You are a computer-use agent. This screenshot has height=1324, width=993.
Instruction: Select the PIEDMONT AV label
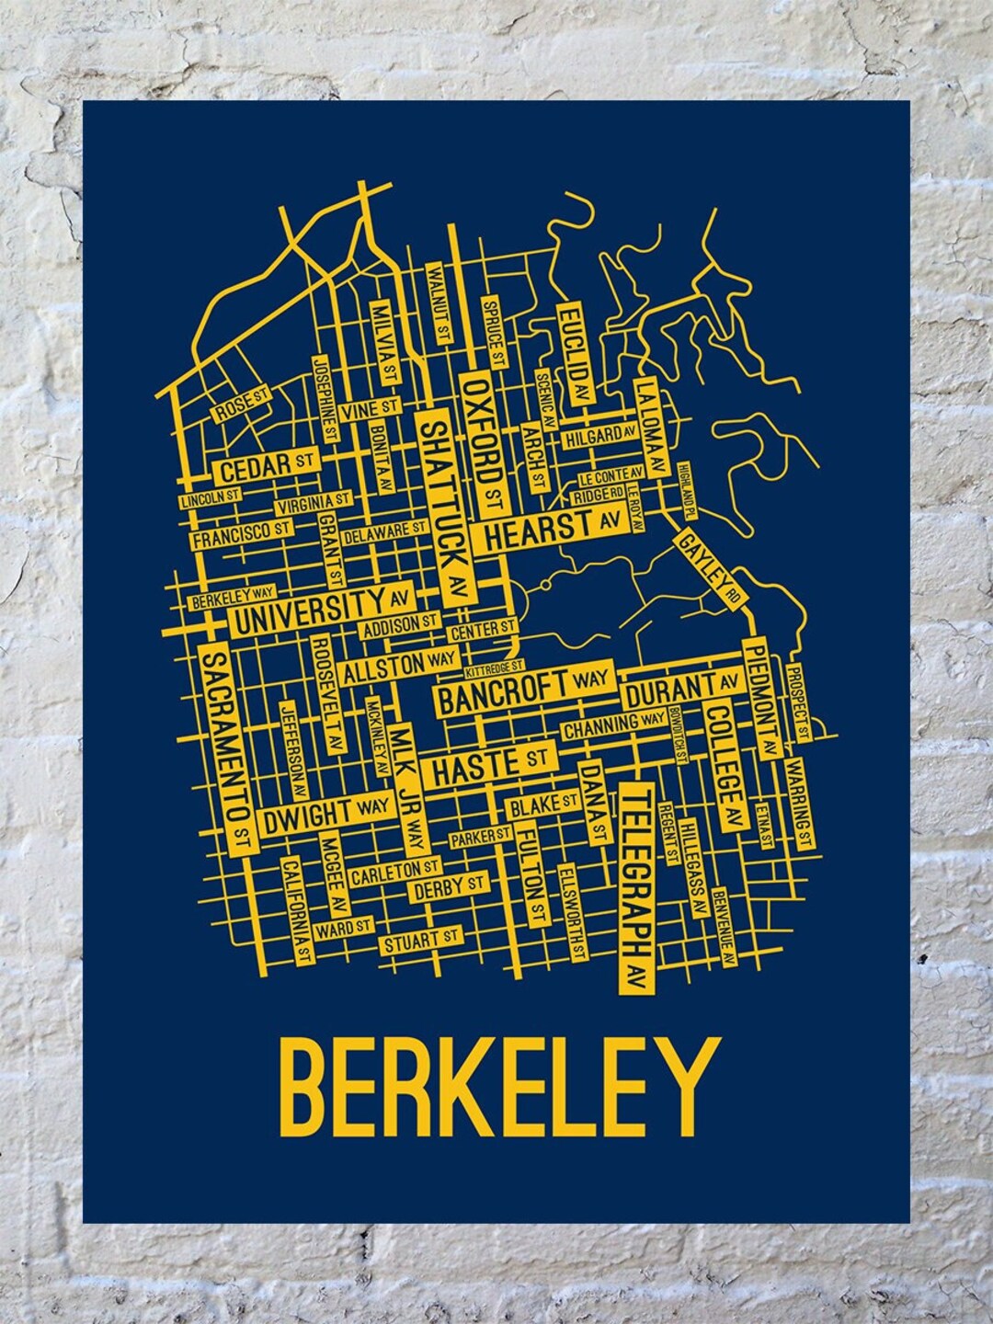pyautogui.click(x=763, y=694)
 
